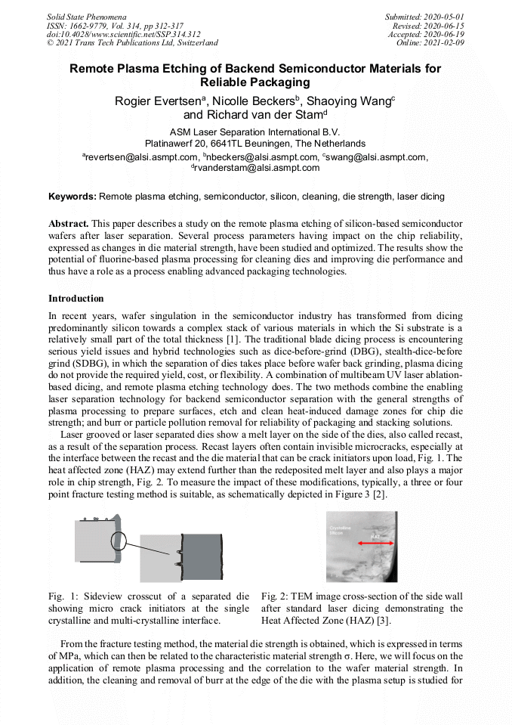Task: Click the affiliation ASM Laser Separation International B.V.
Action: click(x=255, y=132)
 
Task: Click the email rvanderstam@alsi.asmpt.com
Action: click(x=256, y=168)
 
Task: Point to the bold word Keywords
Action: click(x=72, y=197)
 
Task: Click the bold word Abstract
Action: click(x=69, y=225)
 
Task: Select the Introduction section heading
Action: click(x=76, y=299)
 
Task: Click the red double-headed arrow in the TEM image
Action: click(x=376, y=544)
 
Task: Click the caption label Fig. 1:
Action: click(x=60, y=597)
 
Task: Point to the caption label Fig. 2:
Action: click(x=273, y=597)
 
